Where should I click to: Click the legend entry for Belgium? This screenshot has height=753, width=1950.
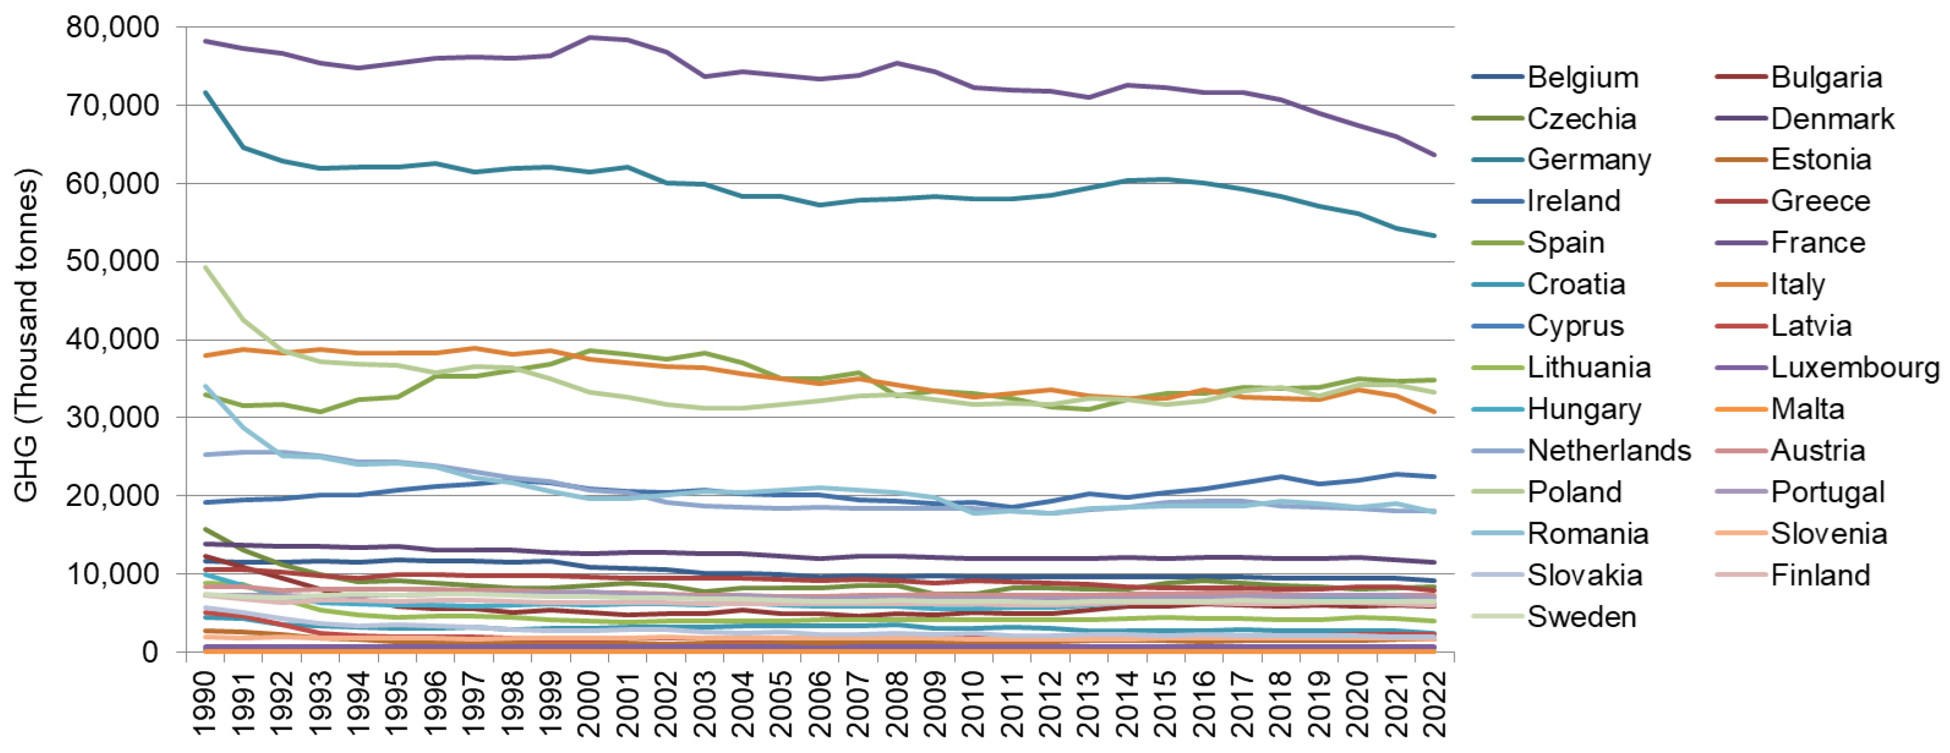click(1582, 78)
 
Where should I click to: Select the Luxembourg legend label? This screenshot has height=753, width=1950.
click(1855, 368)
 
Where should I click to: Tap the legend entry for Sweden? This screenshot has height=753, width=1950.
click(1582, 617)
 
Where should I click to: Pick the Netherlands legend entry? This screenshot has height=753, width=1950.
click(1608, 451)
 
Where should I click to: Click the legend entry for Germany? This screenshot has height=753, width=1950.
click(1589, 160)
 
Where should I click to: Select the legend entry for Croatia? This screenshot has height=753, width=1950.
click(1576, 284)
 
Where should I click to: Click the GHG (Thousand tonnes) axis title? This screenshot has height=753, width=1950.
click(27, 334)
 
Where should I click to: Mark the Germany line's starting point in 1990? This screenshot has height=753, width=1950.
click(206, 93)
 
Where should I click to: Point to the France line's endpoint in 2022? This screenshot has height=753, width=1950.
click(1434, 155)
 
